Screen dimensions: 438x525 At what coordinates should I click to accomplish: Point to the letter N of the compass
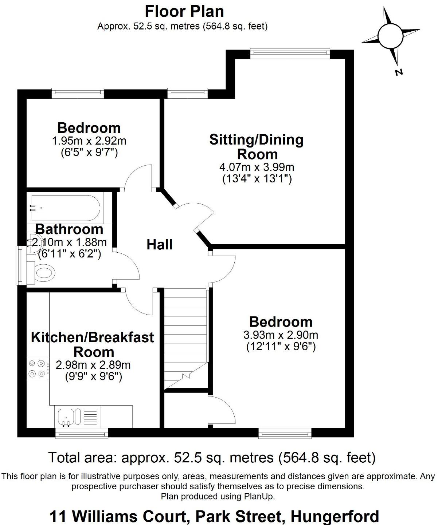(x=399, y=72)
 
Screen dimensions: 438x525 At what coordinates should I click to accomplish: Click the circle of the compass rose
(x=391, y=36)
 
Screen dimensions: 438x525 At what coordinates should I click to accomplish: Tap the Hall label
(x=160, y=244)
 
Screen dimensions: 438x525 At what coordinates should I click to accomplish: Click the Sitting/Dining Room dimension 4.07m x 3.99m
(x=257, y=167)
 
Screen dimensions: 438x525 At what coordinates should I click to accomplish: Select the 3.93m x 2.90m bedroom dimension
(x=281, y=335)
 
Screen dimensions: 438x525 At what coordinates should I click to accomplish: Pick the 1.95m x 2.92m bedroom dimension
(x=89, y=141)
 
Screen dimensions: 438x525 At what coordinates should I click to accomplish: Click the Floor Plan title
(x=184, y=11)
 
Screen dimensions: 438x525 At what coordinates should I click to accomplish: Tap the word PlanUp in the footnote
(x=259, y=496)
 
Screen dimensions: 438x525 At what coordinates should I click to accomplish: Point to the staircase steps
(x=185, y=338)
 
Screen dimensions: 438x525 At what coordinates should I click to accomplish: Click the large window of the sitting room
(x=290, y=54)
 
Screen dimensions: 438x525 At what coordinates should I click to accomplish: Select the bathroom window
(x=21, y=265)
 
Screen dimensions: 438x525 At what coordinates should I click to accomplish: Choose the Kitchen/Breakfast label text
(x=93, y=337)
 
